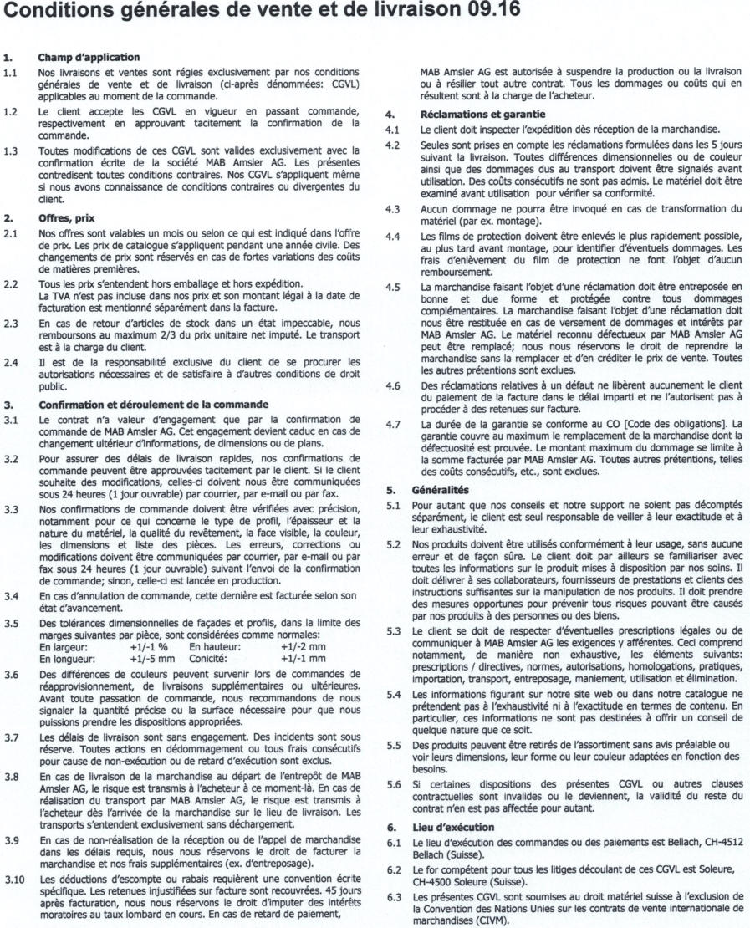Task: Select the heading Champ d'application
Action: (87, 57)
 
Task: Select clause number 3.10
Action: (13, 871)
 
